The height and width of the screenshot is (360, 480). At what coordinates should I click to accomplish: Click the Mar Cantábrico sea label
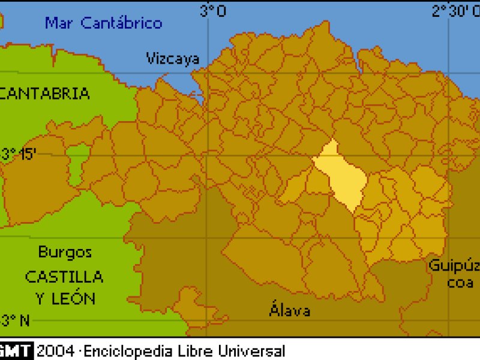click(x=103, y=23)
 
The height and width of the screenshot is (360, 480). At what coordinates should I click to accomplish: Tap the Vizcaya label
click(x=173, y=58)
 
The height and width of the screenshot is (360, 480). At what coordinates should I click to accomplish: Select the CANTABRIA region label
click(x=45, y=94)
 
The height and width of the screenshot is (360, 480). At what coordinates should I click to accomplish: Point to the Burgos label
click(x=65, y=251)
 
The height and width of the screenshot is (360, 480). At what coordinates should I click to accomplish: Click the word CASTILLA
click(x=64, y=277)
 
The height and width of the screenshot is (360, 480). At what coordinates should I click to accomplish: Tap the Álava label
click(x=290, y=310)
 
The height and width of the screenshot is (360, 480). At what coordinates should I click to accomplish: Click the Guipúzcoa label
click(x=454, y=273)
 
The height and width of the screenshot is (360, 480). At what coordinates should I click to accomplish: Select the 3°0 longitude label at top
click(x=213, y=10)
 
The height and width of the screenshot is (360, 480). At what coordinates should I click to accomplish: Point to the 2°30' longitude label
click(x=455, y=10)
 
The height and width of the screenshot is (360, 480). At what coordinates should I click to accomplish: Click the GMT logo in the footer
click(x=16, y=350)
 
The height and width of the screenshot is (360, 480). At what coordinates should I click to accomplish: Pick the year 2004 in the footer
click(x=56, y=350)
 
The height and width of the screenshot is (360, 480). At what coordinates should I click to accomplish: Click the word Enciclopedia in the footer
click(x=124, y=350)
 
